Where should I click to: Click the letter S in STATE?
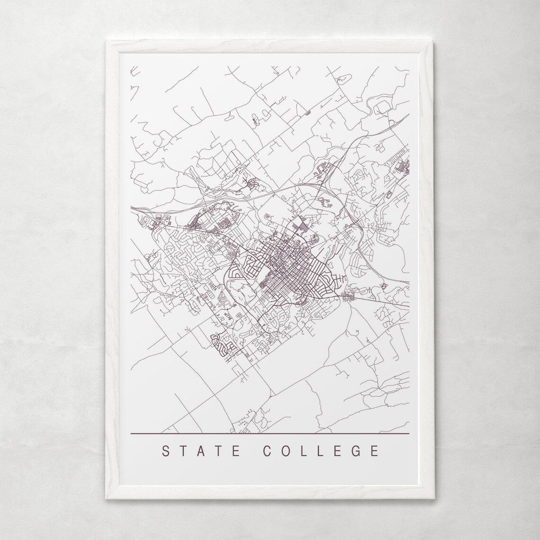click(166, 450)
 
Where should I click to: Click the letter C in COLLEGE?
click(266, 450)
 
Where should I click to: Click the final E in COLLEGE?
click(375, 450)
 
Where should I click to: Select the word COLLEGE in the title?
click(321, 450)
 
